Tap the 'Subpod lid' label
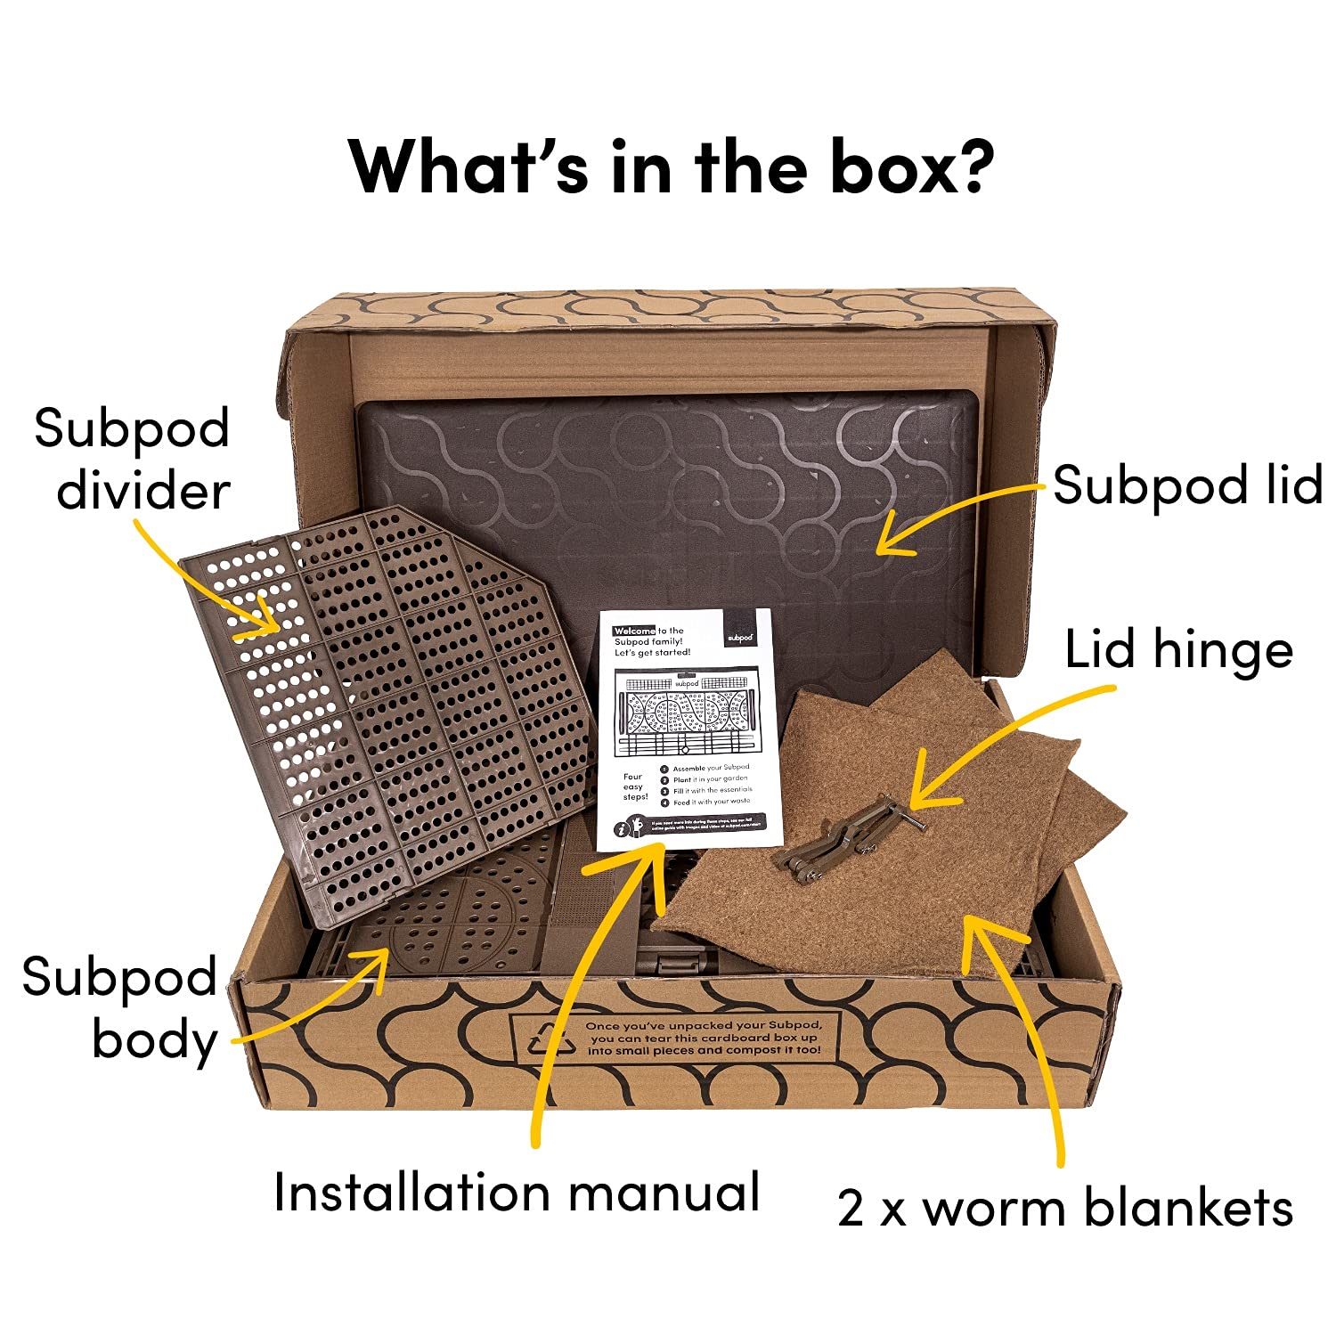[1187, 486]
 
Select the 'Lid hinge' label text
[1178, 650]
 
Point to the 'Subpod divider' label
[134, 460]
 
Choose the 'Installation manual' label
[517, 1192]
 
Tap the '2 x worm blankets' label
[1064, 1209]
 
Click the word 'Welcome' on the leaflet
[634, 631]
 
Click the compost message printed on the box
[704, 1039]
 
